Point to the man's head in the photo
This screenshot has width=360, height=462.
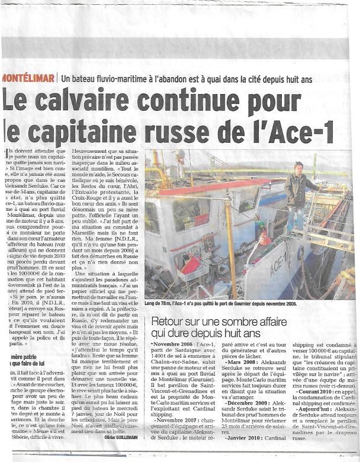point(298,167)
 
